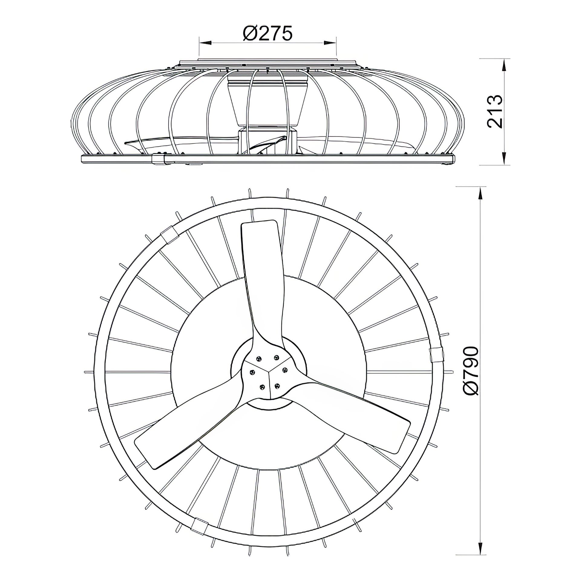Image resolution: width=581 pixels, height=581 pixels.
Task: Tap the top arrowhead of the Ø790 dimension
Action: [x=480, y=193]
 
